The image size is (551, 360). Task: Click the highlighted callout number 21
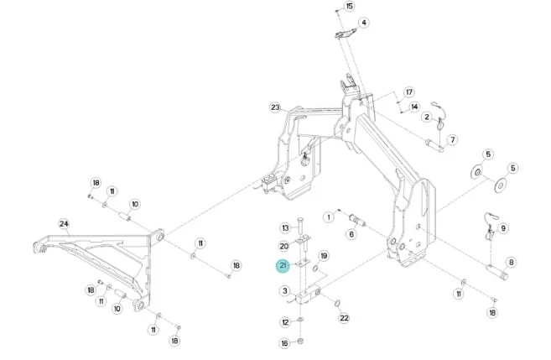pyautogui.click(x=283, y=266)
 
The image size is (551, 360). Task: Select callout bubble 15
pyautogui.click(x=349, y=7)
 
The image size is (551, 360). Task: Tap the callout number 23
pyautogui.click(x=275, y=107)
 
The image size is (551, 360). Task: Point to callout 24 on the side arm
pyautogui.click(x=64, y=224)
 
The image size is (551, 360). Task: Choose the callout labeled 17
pyautogui.click(x=409, y=92)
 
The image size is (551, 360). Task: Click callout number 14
pyautogui.click(x=414, y=107)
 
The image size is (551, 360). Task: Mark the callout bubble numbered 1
pyautogui.click(x=329, y=217)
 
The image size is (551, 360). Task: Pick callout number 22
pyautogui.click(x=344, y=318)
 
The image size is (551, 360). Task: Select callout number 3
pyautogui.click(x=284, y=290)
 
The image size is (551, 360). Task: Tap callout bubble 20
pyautogui.click(x=284, y=246)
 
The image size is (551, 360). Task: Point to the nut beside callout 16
pyautogui.click(x=300, y=341)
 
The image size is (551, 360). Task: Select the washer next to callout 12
pyautogui.click(x=300, y=320)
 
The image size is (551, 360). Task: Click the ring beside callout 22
pyautogui.click(x=337, y=303)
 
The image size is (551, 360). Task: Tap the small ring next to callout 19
pyautogui.click(x=315, y=269)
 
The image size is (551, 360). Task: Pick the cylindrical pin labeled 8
pyautogui.click(x=496, y=272)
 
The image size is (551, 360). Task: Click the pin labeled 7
pyautogui.click(x=435, y=145)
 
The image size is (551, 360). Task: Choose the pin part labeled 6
pyautogui.click(x=357, y=220)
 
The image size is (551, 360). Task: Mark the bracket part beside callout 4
pyautogui.click(x=345, y=34)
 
